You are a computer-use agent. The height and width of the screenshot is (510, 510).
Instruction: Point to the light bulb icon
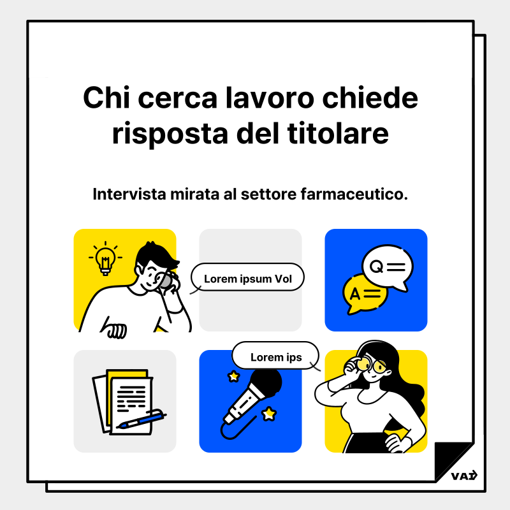pyautogui.click(x=104, y=259)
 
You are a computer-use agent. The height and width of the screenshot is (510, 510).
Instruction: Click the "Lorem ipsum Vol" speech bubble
pyautogui.click(x=247, y=279)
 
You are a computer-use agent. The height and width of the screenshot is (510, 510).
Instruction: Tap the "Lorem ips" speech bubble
pyautogui.click(x=275, y=357)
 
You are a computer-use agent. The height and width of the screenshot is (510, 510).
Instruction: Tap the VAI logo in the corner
pyautogui.click(x=463, y=476)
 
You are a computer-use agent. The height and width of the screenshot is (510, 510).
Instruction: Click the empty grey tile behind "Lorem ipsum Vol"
pyautogui.click(x=250, y=312)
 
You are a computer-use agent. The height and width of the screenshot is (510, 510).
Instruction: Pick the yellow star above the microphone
pyautogui.click(x=234, y=377)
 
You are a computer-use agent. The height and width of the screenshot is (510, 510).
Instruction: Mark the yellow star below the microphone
pyautogui.click(x=270, y=414)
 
